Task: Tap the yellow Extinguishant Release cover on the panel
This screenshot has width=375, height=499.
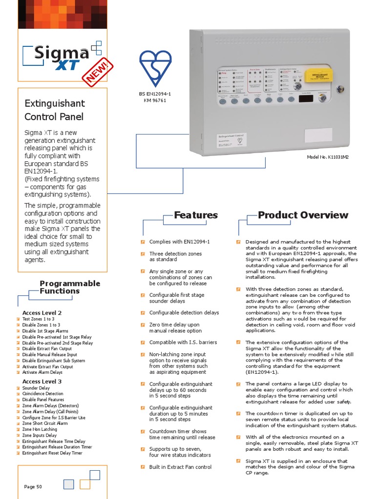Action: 318,76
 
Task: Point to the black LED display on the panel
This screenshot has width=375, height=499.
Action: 306,99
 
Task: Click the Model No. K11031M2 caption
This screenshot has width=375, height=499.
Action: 328,157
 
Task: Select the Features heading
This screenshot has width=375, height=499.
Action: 196,215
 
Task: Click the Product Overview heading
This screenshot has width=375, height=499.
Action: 303,215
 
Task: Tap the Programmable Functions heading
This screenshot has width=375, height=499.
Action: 70,287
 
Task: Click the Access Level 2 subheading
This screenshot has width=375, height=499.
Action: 42,312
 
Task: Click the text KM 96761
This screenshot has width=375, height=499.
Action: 155,100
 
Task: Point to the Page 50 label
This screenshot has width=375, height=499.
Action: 33,486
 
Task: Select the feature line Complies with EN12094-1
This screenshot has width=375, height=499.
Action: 179,242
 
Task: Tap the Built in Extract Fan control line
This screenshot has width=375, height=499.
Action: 180,467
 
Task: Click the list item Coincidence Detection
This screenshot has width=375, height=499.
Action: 42,394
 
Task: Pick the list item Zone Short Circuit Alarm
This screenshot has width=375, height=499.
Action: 45,423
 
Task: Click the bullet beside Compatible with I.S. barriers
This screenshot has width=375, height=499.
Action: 143,343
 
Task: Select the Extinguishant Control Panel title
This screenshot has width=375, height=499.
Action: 54,110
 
